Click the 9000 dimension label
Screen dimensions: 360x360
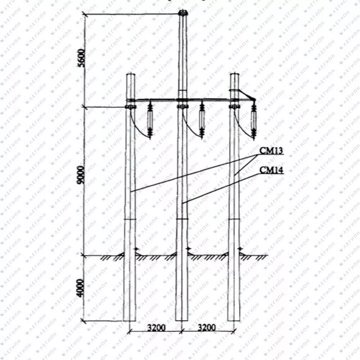pyautogui.click(x=81, y=175)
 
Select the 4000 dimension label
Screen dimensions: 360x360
pyautogui.click(x=80, y=288)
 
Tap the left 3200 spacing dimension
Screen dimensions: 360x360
pyautogui.click(x=156, y=327)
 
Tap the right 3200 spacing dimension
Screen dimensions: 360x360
pyautogui.click(x=207, y=327)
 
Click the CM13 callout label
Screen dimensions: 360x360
pyautogui.click(x=271, y=150)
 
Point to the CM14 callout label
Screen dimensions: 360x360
pyautogui.click(x=271, y=170)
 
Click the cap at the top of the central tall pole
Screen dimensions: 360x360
pyautogui.click(x=183, y=12)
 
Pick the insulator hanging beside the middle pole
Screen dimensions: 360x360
pyautogui.click(x=202, y=121)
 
